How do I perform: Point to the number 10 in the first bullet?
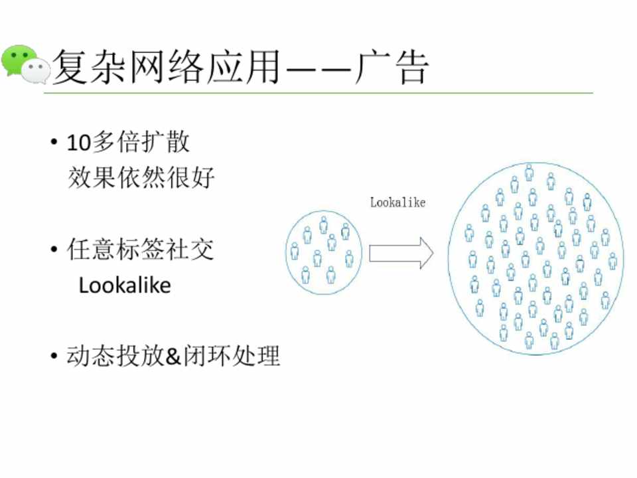coord(76,143)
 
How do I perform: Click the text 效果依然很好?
coord(141,177)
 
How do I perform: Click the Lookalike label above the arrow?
coord(397,202)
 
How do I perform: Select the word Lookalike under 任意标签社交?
coord(125,285)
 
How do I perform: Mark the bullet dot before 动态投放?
coord(53,357)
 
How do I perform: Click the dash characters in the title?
coord(318,68)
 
